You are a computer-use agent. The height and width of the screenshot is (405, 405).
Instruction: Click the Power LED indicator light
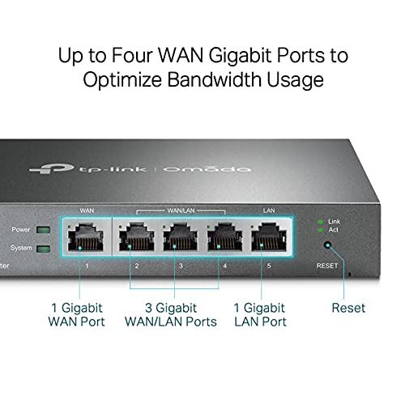[43, 230]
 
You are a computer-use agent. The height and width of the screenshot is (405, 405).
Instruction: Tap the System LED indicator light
[43, 249]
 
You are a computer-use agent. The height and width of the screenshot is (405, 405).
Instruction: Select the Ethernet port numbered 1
[85, 237]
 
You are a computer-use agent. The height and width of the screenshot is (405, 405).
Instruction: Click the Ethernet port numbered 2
[137, 237]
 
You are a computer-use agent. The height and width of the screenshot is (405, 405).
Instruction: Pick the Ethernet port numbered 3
[181, 237]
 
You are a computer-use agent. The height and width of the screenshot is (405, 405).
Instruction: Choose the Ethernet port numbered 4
[224, 237]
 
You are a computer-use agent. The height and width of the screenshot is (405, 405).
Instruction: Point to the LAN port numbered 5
[269, 237]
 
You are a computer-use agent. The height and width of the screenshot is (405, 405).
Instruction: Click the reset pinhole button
[327, 245]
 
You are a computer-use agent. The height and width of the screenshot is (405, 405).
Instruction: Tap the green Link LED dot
[320, 222]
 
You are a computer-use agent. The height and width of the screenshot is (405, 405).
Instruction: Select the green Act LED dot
[320, 230]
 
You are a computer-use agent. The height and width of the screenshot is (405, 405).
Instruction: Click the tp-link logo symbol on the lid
[51, 168]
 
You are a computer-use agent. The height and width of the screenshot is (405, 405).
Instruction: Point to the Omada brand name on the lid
[207, 169]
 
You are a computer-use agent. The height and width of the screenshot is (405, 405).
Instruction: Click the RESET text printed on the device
[327, 266]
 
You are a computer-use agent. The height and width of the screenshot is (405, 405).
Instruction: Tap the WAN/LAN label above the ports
[181, 211]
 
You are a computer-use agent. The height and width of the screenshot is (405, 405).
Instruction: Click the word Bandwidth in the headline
[214, 79]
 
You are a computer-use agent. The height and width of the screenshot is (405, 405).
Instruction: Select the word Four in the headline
[132, 55]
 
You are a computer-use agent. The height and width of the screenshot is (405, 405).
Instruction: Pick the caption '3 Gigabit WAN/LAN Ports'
[171, 315]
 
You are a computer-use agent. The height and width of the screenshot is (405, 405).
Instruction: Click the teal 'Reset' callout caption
[348, 308]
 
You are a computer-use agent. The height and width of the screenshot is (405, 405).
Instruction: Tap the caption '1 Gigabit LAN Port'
[260, 315]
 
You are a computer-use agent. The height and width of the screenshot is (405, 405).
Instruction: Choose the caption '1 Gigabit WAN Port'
[76, 315]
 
